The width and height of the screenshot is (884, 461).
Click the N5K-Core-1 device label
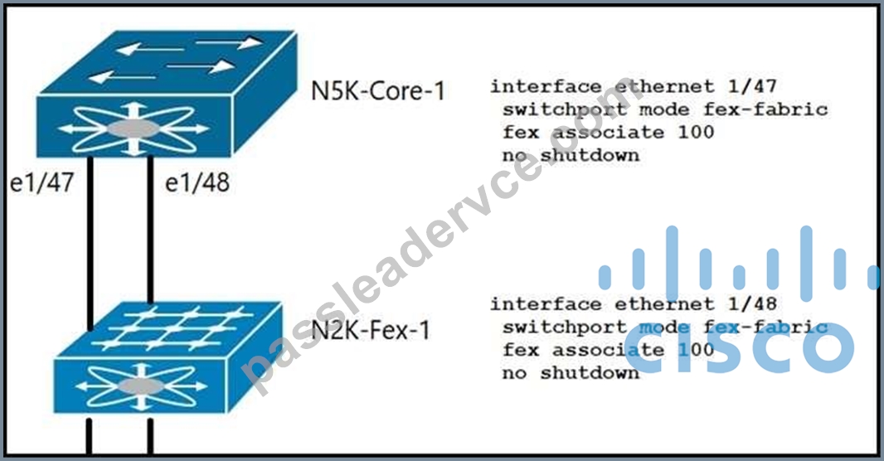tap(377, 90)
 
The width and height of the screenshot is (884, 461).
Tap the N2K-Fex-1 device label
tap(371, 330)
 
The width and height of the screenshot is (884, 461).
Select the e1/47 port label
tap(42, 182)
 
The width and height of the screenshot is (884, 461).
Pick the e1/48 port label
tap(197, 182)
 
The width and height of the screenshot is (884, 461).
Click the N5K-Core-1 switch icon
tap(167, 94)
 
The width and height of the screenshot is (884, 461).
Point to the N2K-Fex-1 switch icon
tap(168, 357)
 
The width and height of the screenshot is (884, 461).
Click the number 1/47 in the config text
tap(752, 86)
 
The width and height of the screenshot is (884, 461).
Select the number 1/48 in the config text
tap(752, 303)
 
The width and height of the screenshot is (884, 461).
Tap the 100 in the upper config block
tap(696, 132)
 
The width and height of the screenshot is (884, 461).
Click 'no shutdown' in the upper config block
tap(571, 155)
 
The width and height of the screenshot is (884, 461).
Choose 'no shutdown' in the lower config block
tap(571, 372)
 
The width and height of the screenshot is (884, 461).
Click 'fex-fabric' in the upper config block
tap(765, 109)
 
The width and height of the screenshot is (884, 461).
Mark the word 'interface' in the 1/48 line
tap(546, 304)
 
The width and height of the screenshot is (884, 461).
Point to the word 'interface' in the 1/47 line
tap(546, 87)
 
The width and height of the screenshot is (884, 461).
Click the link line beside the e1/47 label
tap(90, 243)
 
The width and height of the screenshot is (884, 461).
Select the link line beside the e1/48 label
tap(150, 230)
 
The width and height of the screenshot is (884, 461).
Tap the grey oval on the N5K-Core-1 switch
tap(134, 129)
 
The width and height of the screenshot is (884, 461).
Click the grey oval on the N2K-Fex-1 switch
tap(142, 386)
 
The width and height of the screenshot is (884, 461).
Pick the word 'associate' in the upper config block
tap(608, 132)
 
